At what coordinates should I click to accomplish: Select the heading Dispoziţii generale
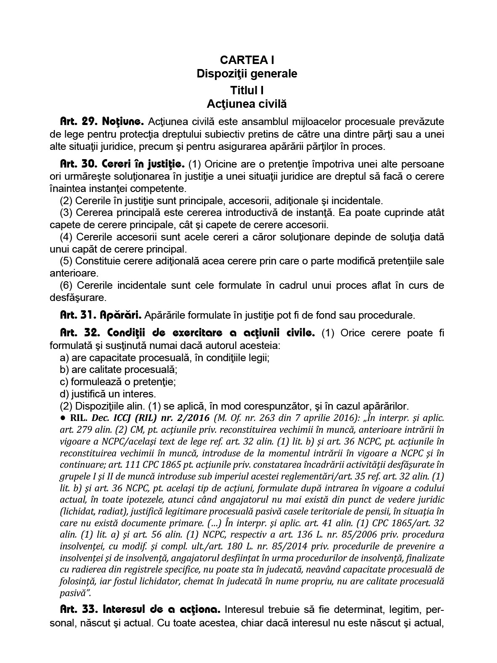coord(247,74)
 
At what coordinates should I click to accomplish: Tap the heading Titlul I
coord(247,90)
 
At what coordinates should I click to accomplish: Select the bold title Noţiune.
coord(123,122)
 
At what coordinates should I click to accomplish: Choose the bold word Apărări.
coord(122,315)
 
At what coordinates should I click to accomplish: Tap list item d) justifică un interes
coord(108,394)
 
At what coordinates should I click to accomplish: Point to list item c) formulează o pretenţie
coord(118,382)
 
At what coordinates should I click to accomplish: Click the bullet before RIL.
coord(63,418)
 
